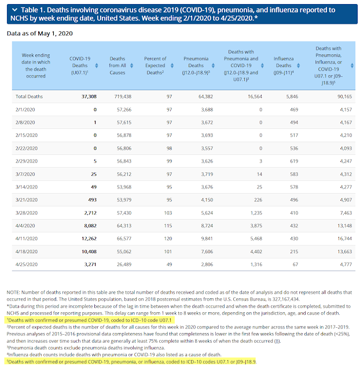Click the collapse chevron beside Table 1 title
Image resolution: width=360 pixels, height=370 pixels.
[x=14, y=10]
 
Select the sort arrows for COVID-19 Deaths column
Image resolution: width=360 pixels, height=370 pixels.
[x=97, y=65]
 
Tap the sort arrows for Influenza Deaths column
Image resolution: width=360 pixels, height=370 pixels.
[x=298, y=65]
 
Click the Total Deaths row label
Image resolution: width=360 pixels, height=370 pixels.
[x=29, y=97]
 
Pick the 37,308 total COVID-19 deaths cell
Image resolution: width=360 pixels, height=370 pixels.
[x=89, y=97]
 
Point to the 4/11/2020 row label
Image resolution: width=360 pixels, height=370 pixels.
[x=27, y=239]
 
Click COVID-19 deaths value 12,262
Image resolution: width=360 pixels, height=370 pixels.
[x=89, y=239]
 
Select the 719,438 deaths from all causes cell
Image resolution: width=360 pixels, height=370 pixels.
[x=123, y=97]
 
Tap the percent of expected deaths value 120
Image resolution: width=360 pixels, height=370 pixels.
[x=168, y=239]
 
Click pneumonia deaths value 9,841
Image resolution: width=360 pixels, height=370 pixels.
[x=207, y=239]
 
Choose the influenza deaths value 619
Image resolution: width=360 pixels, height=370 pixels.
[x=294, y=161]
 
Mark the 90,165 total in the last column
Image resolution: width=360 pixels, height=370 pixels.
[x=344, y=97]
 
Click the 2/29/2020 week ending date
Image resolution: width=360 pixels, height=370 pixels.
[x=27, y=161]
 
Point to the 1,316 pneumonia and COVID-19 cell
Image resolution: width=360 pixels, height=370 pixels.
[x=256, y=264]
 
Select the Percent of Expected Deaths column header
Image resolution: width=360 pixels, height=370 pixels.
[x=155, y=65]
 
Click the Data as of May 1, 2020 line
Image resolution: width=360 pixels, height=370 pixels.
[x=40, y=34]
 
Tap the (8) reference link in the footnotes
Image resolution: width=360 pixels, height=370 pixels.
[x=277, y=341]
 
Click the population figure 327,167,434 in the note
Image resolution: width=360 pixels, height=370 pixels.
[x=285, y=299]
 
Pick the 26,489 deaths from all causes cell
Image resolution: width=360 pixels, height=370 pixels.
[x=124, y=264]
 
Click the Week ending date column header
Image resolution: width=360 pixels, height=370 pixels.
[x=36, y=65]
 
